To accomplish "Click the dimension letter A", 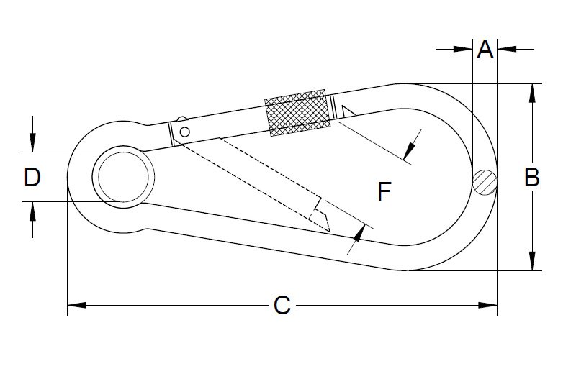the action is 485,50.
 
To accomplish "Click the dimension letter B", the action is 531,177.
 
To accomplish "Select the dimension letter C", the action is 282,305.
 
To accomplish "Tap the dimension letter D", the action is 32,177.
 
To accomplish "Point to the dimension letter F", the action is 384,191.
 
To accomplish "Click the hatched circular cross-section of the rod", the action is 485,183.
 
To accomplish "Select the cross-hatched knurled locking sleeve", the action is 297,113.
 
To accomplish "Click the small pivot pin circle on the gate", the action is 185,132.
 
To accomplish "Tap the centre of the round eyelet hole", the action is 123,177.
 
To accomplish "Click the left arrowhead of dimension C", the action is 77,305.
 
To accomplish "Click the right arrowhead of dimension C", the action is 487,305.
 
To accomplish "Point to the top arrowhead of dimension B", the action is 532,93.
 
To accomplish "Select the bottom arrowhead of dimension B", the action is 532,261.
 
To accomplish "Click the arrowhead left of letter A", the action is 463,49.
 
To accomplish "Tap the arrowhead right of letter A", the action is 507,49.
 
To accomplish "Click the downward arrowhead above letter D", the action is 32,142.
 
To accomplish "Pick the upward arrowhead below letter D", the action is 32,211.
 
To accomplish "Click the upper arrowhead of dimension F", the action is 409,150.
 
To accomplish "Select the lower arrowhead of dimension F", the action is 359,233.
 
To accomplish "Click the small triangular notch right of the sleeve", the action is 347,111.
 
